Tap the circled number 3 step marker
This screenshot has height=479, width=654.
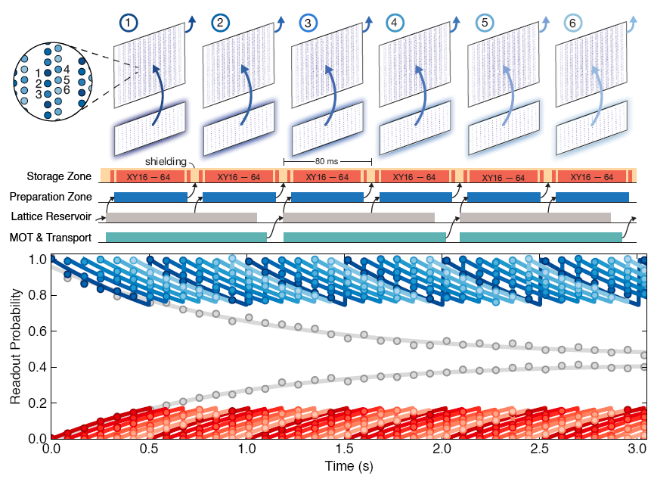coord(307,23)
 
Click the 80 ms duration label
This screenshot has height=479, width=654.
coord(327,161)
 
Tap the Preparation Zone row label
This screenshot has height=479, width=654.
coord(53,198)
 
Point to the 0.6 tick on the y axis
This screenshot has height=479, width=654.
coord(37,331)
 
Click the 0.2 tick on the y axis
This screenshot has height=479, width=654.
coord(37,403)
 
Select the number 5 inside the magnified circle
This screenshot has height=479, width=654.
coord(67,79)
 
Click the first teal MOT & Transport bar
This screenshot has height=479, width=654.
coord(186,238)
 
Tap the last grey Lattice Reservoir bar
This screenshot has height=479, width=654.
coord(535,218)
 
